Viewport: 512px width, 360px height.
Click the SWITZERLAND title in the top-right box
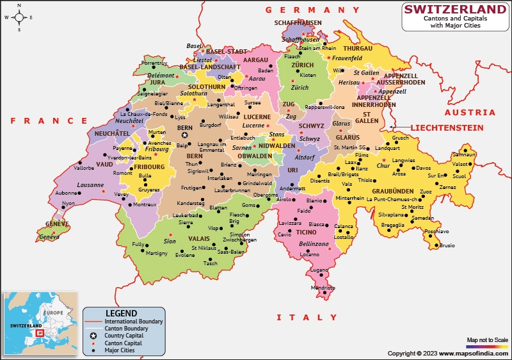pos(455,9)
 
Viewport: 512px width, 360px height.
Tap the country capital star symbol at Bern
pos(185,135)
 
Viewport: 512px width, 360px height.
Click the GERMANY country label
pos(314,10)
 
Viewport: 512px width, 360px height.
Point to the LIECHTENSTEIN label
pos(447,128)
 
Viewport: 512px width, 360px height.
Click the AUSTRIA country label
pos(470,112)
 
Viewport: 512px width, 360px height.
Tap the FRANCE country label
pos(49,120)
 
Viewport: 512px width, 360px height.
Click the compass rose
pos(19,17)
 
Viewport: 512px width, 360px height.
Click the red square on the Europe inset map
pos(39,332)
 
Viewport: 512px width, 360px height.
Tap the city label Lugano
pos(319,270)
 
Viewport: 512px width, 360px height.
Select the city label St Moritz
pos(413,207)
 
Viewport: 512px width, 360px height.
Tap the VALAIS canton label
pos(199,238)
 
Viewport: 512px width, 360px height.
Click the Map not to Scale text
pos(487,340)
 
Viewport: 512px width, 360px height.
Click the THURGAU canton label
pos(357,49)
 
